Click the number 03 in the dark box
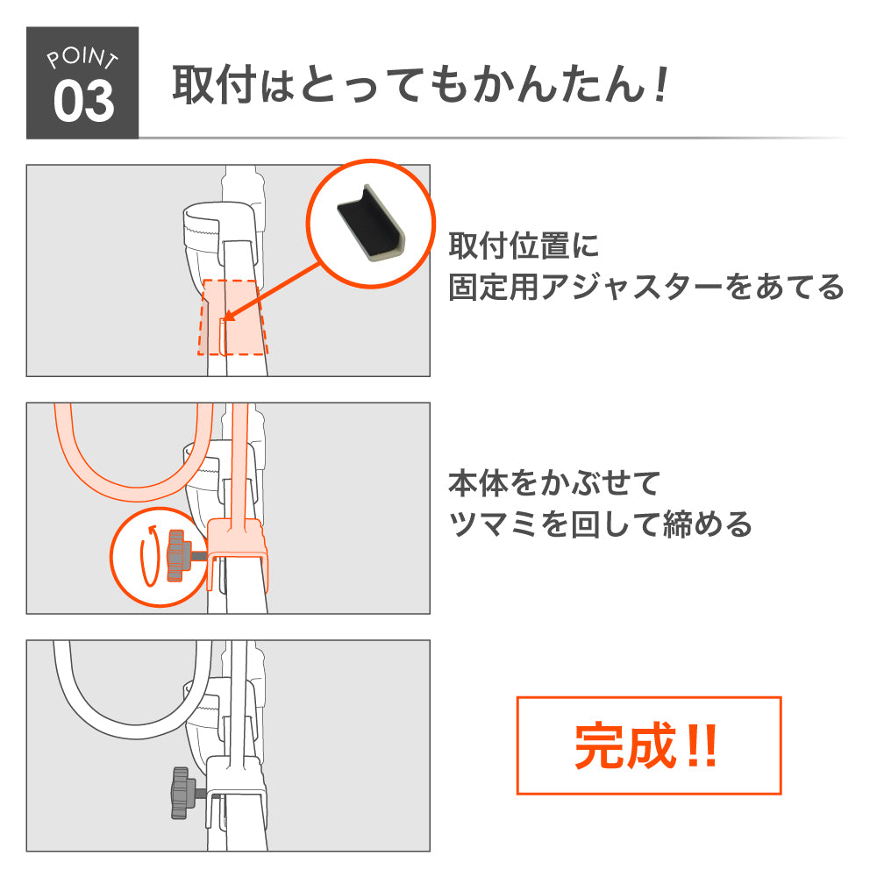[x=84, y=101]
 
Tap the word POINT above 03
[x=82, y=58]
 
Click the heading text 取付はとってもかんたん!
[x=421, y=84]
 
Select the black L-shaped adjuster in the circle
[x=370, y=223]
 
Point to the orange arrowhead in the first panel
[x=227, y=316]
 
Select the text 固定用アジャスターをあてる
[x=646, y=287]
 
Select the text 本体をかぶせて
[x=554, y=483]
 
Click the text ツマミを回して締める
[x=600, y=524]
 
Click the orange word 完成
[x=624, y=745]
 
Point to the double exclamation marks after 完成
[x=702, y=745]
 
